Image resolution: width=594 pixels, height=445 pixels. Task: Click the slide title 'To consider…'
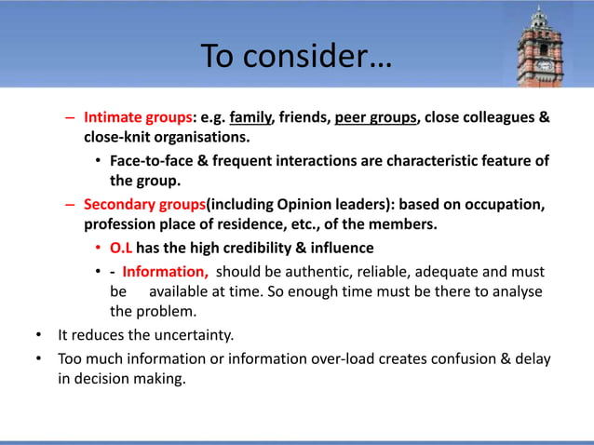click(x=297, y=57)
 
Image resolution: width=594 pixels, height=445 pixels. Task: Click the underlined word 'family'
click(x=250, y=118)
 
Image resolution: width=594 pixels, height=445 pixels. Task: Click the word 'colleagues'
click(x=498, y=118)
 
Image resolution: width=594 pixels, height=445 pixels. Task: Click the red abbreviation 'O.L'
click(x=121, y=248)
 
